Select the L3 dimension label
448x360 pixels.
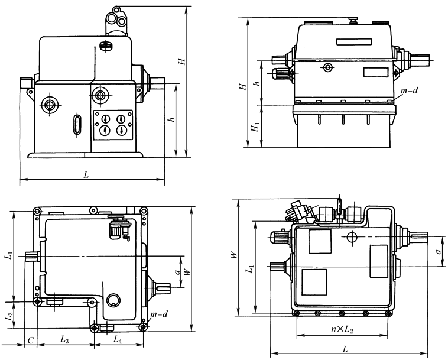[x=65, y=340]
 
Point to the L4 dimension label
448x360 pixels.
[x=117, y=340]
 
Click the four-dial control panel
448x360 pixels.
[x=113, y=124]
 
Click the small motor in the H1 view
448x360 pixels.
[x=281, y=73]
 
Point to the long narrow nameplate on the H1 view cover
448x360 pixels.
[x=353, y=42]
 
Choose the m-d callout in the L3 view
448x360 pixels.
[x=159, y=314]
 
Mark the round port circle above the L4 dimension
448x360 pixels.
[x=115, y=301]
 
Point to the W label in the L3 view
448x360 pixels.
[x=187, y=272]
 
